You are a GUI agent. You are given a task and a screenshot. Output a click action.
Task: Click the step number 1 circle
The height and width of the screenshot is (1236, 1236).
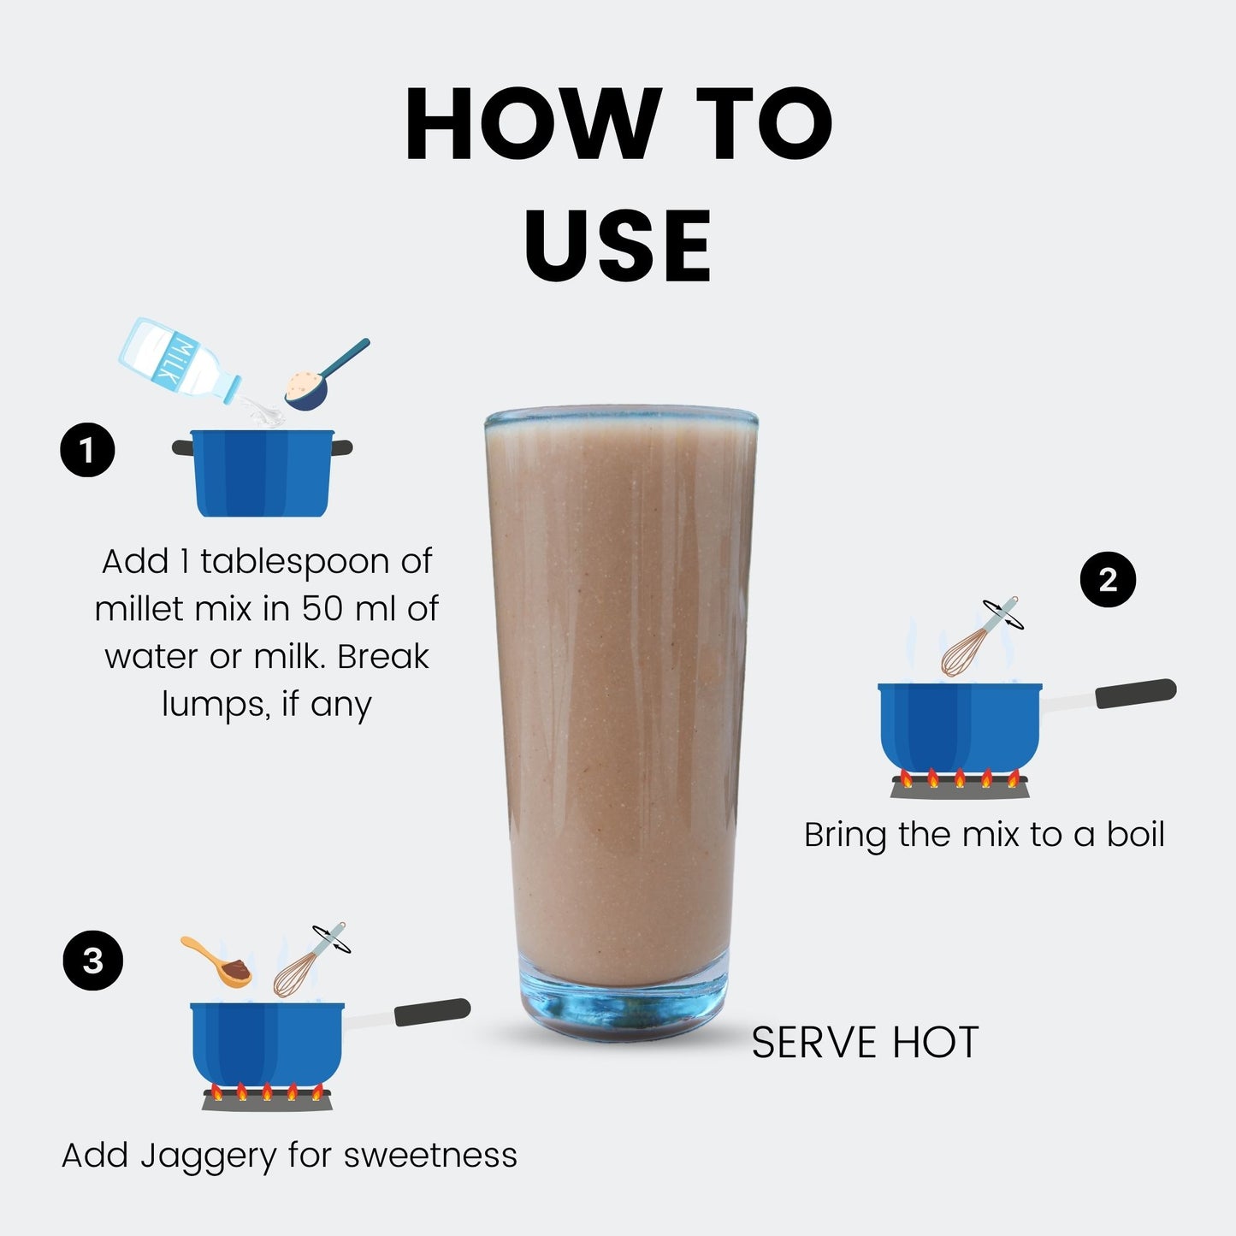[x=87, y=450]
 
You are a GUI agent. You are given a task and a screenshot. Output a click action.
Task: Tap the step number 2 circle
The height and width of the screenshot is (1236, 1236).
[x=1108, y=579]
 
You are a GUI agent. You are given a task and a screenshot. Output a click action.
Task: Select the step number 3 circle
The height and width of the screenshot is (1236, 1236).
[x=93, y=961]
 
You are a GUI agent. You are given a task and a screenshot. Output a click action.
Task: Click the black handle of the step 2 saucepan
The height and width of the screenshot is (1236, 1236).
[x=1135, y=694]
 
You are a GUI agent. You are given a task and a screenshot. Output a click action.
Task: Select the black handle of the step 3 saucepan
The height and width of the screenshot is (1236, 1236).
[x=432, y=1012]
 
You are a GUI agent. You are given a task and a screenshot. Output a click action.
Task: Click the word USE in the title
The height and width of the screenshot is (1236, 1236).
[x=618, y=245]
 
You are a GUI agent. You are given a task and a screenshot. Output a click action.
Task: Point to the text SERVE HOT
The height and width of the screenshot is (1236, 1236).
[x=865, y=1043]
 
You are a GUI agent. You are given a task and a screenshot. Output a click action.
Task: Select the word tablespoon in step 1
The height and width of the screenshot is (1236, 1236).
[x=295, y=563]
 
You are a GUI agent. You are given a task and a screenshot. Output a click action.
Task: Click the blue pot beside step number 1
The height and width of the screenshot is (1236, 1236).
[x=263, y=473]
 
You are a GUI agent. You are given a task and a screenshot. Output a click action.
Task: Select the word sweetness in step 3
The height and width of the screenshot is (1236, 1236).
[x=430, y=1156]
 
